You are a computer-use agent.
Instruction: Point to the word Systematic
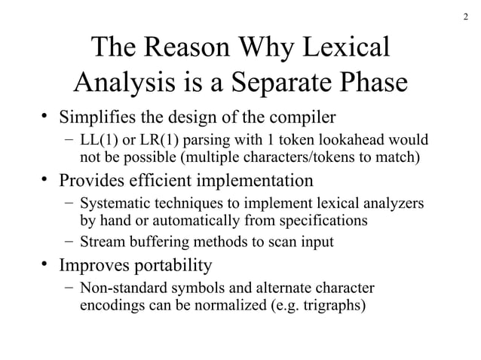click(x=113, y=204)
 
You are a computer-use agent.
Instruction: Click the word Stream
click(x=100, y=243)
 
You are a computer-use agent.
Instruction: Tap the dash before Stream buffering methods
click(x=69, y=243)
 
